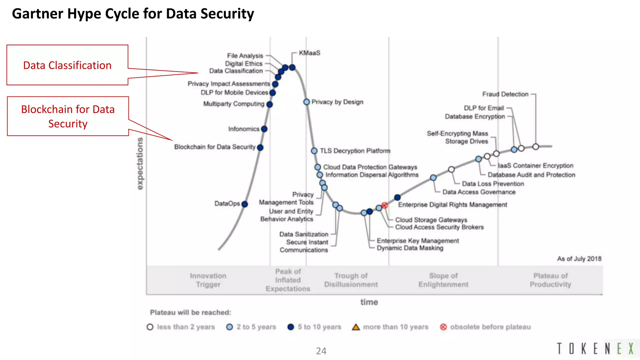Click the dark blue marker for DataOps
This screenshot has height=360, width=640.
(x=245, y=204)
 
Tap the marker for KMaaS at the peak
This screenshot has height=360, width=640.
(x=292, y=67)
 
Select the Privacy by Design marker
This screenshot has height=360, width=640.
(x=307, y=102)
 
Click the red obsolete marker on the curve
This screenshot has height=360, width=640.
(x=385, y=205)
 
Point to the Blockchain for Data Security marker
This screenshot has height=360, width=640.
(x=260, y=147)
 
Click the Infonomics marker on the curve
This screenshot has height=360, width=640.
(x=264, y=129)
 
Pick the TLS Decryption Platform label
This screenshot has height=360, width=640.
(x=355, y=151)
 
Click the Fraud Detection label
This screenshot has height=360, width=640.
(x=505, y=94)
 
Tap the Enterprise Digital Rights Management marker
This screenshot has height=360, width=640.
(x=397, y=197)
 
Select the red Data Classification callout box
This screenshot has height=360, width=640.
(x=67, y=65)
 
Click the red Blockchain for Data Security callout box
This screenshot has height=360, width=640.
(x=68, y=116)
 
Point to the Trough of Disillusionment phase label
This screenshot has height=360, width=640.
(x=351, y=280)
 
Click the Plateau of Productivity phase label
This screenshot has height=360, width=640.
(x=550, y=280)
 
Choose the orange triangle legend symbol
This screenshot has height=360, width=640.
(x=356, y=327)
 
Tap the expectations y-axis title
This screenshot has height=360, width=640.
(x=140, y=163)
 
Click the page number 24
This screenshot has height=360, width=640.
(x=321, y=351)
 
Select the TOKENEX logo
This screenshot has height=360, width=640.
(x=595, y=348)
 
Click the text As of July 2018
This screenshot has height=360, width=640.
(x=579, y=259)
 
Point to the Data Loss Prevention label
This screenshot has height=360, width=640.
(x=493, y=184)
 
